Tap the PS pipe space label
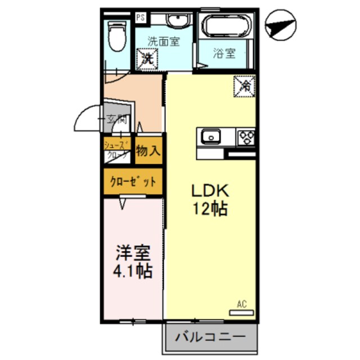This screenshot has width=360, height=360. pos(141,17)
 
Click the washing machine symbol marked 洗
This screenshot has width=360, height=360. pos(147,57)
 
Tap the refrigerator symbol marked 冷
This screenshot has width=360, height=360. pos(245,86)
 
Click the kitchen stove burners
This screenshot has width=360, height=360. pos(246,136)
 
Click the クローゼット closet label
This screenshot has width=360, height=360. pos(133,182)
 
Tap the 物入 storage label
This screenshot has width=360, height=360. pos(148,151)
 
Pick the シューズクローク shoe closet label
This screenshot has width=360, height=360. pos(118,150)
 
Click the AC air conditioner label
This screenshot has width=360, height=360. pos(242,305)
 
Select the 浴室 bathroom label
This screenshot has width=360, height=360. pos(224,54)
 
